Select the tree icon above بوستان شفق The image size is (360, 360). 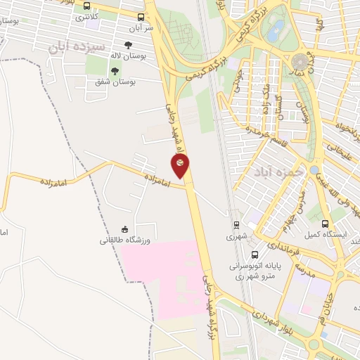click(115, 70)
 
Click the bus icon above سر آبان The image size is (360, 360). click(141, 17)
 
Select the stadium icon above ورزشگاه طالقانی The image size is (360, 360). click(125, 229)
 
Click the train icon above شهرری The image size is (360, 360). click(236, 226)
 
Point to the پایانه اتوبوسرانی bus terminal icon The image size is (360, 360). click(254, 255)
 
